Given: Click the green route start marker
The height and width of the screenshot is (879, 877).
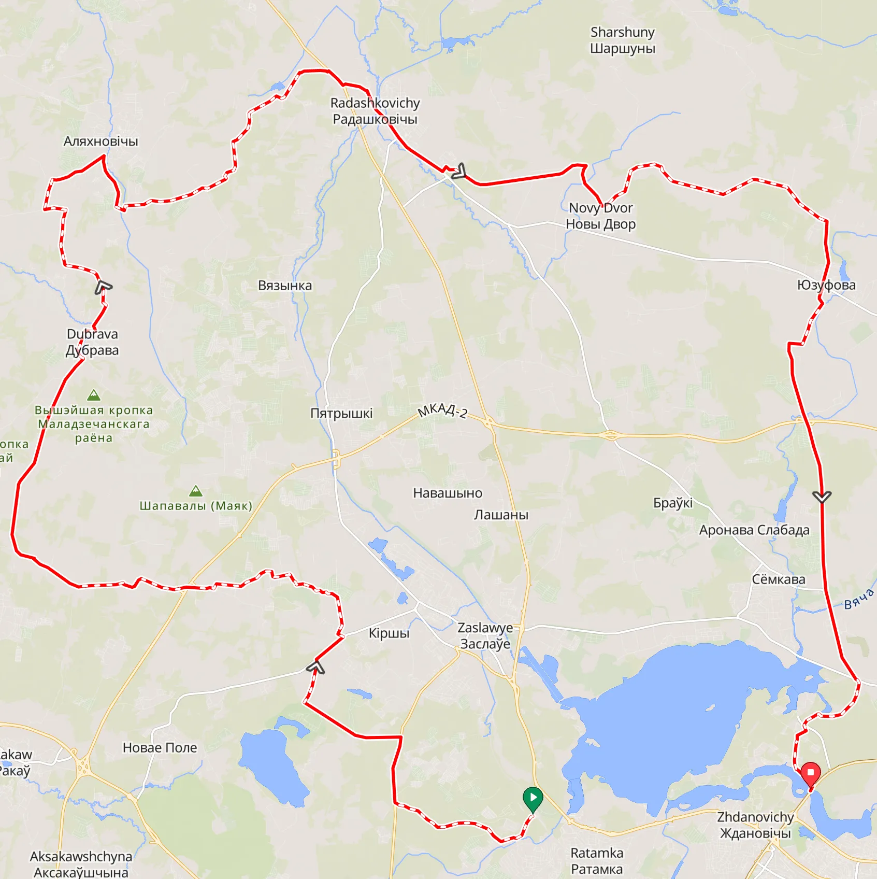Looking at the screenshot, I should (x=533, y=798).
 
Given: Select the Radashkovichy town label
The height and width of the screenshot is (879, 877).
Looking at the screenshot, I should (x=375, y=111).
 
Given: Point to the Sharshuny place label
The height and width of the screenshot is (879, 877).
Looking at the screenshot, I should (x=623, y=40).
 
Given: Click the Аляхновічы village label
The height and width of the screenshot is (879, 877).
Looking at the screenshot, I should (x=101, y=141).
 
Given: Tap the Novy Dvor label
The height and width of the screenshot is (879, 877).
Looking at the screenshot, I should (x=601, y=216).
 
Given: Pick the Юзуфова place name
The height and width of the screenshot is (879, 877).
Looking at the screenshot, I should (x=826, y=285).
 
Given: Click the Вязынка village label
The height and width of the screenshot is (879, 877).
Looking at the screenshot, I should (x=285, y=286).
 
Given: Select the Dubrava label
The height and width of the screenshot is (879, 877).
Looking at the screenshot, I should (x=92, y=342).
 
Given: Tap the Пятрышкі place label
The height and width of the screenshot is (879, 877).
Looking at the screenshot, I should (x=341, y=414).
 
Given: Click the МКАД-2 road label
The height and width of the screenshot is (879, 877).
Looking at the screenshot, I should (x=443, y=410).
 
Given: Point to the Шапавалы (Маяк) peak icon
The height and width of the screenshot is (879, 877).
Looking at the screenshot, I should (x=195, y=491).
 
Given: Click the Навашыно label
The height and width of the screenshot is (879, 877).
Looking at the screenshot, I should (x=448, y=493).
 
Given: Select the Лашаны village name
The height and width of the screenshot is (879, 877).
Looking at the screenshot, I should (x=501, y=515).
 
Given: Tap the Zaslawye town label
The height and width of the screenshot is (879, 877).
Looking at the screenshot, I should (x=485, y=635).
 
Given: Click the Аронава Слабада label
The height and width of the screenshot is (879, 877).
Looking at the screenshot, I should (x=754, y=530).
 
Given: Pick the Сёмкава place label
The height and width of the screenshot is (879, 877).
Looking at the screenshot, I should (x=779, y=579).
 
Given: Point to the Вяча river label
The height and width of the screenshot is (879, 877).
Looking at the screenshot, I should (x=858, y=599).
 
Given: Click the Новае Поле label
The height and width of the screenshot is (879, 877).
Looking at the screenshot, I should (x=160, y=748).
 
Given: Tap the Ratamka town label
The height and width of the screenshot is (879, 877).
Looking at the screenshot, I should (x=597, y=861).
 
